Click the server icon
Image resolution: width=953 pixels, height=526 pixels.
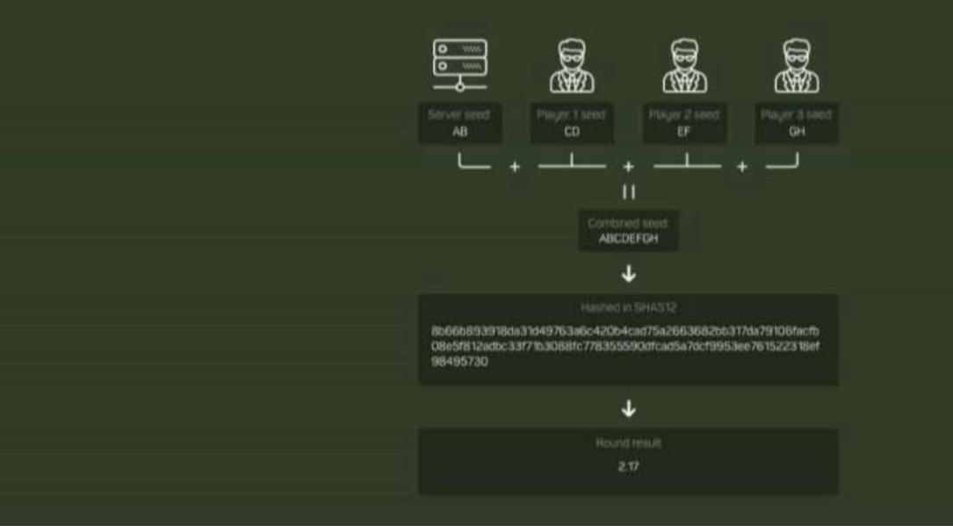[x=459, y=66]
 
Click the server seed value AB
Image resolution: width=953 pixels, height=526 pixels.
[x=459, y=131]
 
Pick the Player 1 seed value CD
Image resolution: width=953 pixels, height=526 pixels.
[x=572, y=131]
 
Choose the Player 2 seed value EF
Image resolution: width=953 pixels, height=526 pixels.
[x=684, y=131]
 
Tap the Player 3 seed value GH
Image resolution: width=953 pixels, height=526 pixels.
[x=797, y=131]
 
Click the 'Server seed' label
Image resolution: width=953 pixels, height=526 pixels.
[x=459, y=115]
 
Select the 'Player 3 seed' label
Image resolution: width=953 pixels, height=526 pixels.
[x=797, y=115]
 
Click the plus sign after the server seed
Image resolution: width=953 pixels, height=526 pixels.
[x=516, y=166]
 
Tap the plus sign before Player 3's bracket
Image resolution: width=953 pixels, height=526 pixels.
[x=741, y=166]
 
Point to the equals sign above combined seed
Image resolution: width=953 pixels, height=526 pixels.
[x=629, y=192]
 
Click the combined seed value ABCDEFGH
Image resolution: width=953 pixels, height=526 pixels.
[x=629, y=238]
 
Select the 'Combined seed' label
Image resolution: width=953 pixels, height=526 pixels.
[x=629, y=223]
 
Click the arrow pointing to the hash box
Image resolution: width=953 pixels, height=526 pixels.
[x=629, y=273]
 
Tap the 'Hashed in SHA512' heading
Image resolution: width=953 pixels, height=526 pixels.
[x=629, y=308]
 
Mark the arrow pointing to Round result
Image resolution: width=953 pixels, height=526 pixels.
[x=629, y=408]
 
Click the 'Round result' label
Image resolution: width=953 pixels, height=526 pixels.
[x=629, y=444]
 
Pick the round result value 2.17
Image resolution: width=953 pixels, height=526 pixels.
[x=629, y=466]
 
